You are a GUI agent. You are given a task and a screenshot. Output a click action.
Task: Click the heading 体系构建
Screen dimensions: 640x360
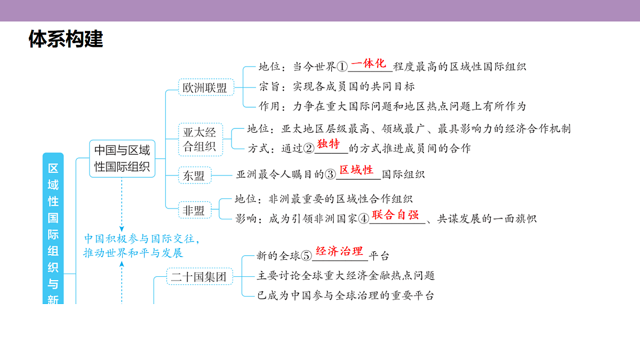point(66,39)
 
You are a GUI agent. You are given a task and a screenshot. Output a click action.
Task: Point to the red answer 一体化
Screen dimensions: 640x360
point(369,63)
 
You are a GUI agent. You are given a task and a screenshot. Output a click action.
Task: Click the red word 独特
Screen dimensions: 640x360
point(329,143)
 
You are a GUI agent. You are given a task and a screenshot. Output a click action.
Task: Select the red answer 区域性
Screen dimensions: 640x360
point(356,170)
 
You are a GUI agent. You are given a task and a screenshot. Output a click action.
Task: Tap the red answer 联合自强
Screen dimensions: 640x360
point(395,214)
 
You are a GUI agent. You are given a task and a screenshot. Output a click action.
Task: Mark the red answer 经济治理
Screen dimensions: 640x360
point(339,251)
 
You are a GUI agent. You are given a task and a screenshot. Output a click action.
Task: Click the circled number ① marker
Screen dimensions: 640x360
point(342,67)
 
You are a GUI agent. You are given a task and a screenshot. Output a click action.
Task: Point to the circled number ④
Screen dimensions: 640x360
point(364,219)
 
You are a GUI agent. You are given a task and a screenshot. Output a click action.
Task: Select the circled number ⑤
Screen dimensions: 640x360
point(306,255)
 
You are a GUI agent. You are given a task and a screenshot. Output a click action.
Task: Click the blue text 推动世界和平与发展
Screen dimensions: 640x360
point(133,253)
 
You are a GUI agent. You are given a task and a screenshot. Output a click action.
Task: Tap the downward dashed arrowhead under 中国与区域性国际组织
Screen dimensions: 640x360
point(122,229)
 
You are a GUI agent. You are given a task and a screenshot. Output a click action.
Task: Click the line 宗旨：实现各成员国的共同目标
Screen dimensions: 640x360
point(337,86)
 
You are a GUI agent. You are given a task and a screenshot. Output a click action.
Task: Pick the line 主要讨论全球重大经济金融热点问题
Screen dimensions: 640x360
point(346,276)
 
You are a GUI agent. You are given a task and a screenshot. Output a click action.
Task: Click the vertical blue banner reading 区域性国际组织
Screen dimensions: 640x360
point(53,229)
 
